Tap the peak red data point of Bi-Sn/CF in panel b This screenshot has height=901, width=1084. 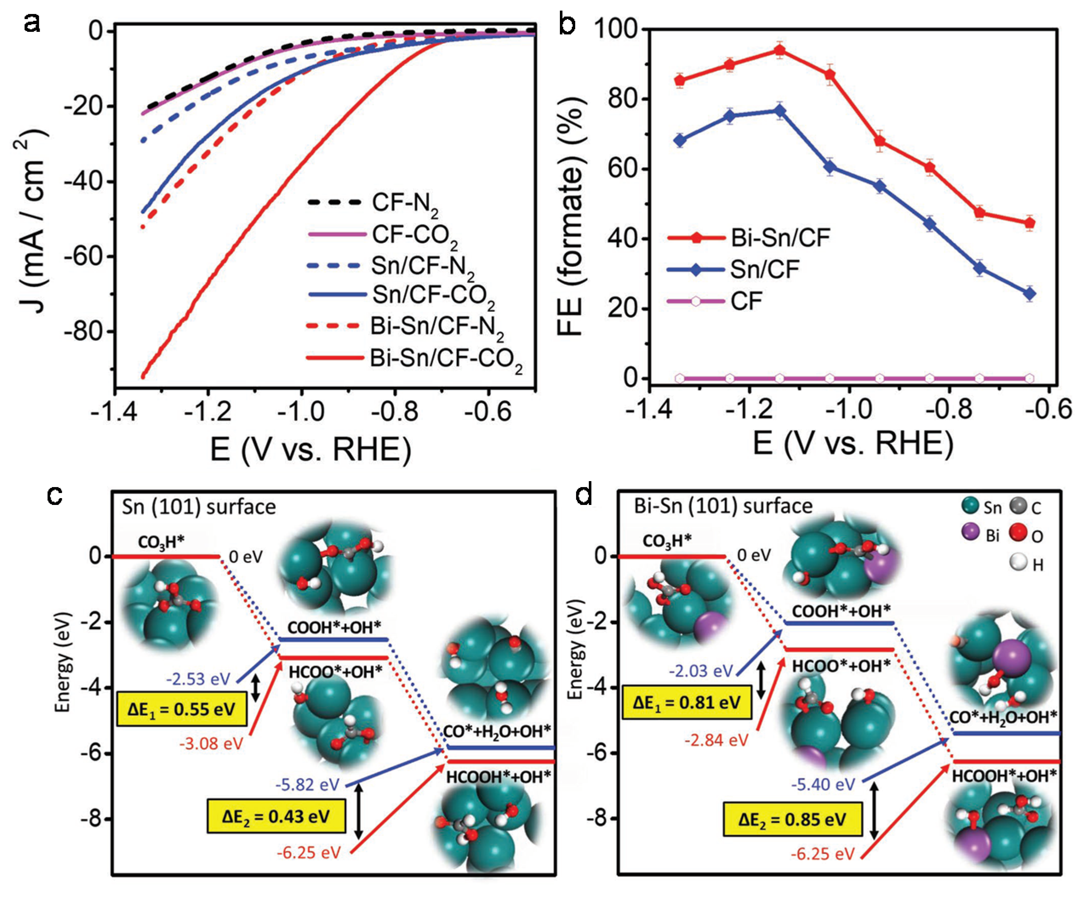pyautogui.click(x=780, y=50)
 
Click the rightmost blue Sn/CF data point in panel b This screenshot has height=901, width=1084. pyautogui.click(x=1029, y=294)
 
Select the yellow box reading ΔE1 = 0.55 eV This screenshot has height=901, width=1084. pyautogui.click(x=182, y=709)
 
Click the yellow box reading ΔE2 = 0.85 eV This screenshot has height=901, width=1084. pyautogui.click(x=792, y=819)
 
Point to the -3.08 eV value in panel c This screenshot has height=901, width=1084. pyautogui.click(x=211, y=744)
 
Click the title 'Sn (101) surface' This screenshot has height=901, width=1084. pyautogui.click(x=199, y=507)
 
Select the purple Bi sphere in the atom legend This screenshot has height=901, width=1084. pyautogui.click(x=971, y=533)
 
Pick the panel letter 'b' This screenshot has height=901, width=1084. pyautogui.click(x=566, y=24)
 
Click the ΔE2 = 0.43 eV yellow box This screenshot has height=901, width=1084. pyautogui.click(x=276, y=816)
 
